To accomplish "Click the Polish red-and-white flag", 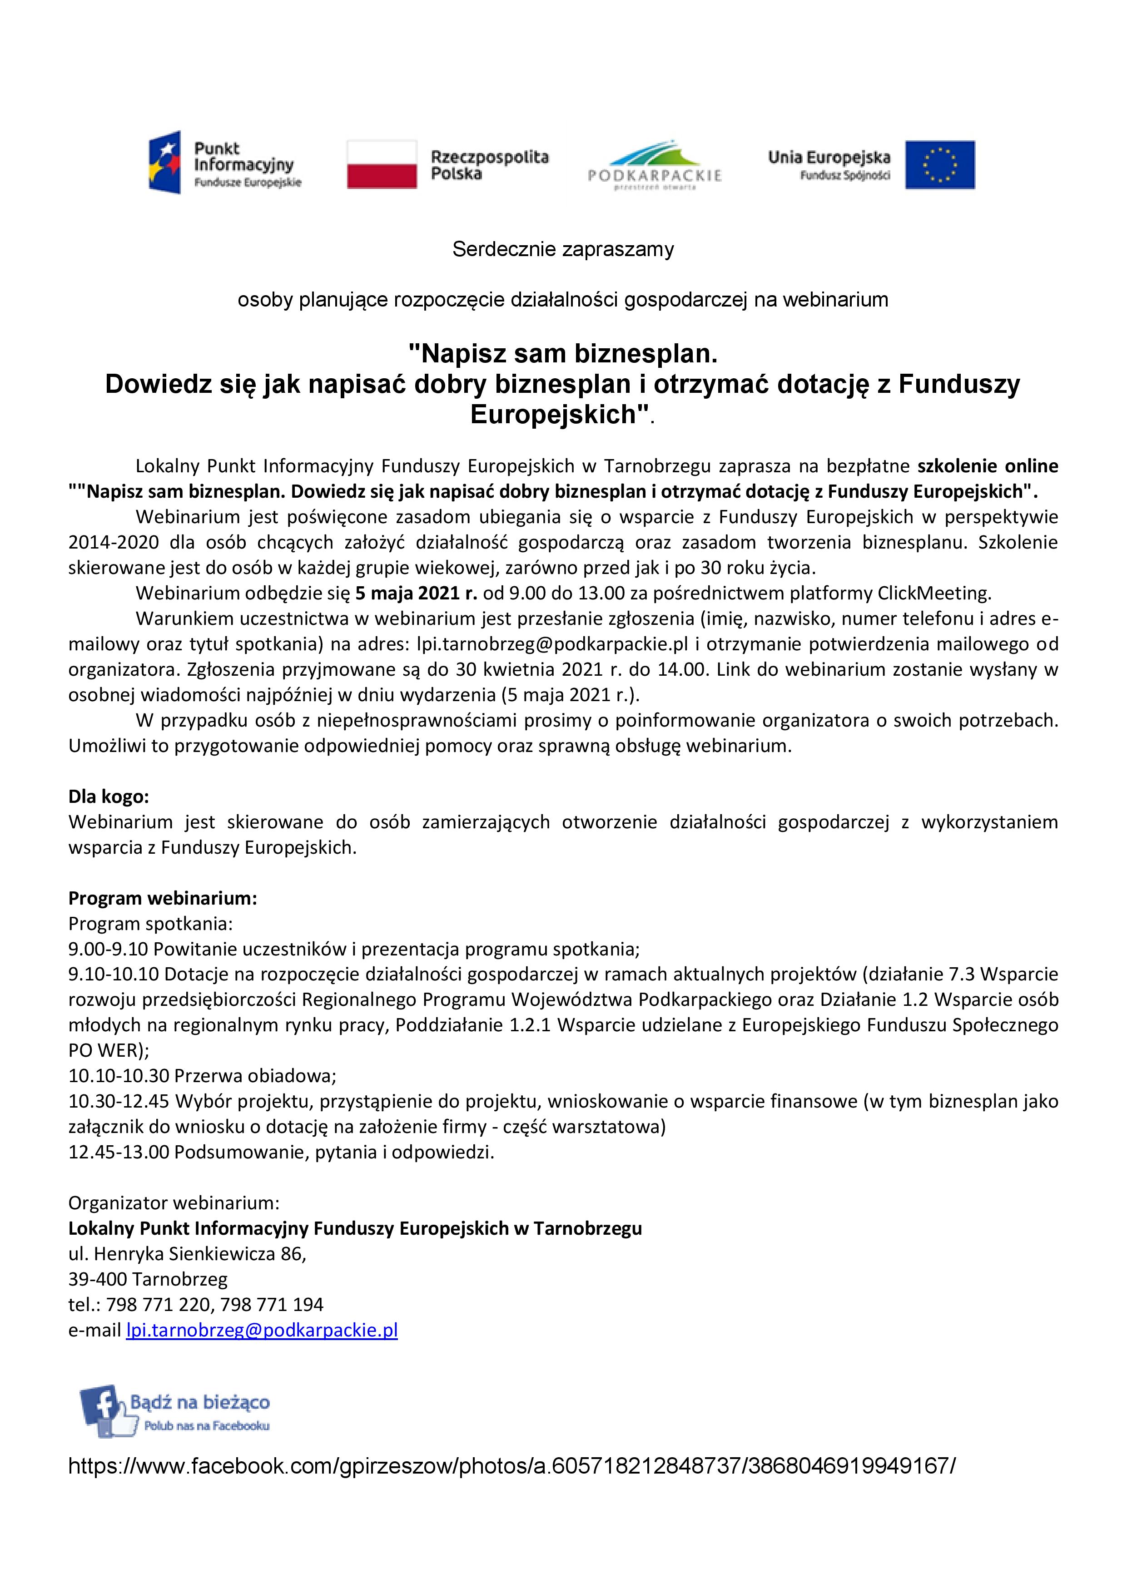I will (x=382, y=164).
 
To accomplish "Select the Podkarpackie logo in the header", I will (x=655, y=167).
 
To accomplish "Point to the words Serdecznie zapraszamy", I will (x=563, y=249).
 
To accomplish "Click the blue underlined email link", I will (x=262, y=1330).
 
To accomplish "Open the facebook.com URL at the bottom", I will (x=511, y=1466).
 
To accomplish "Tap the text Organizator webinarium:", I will (x=174, y=1203).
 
